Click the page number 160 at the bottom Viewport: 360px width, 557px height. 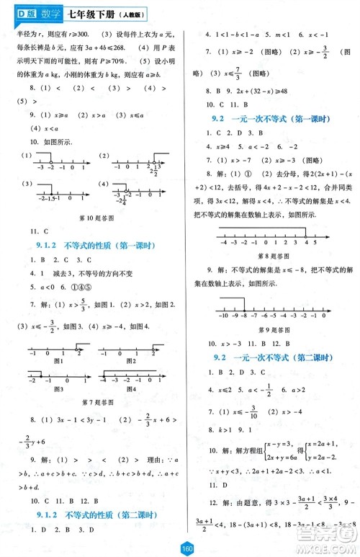coord(180,548)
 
